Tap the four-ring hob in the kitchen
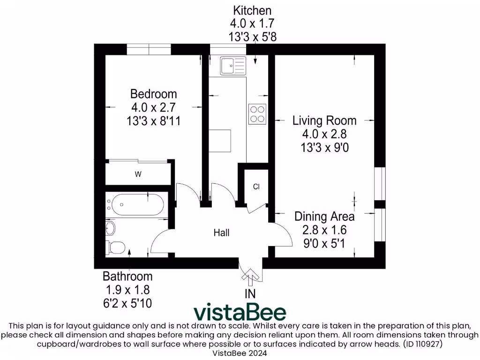257,113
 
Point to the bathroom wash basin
110,229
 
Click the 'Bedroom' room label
153,93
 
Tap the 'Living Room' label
324,120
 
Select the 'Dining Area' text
324,217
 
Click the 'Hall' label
221,232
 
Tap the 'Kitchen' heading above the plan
252,10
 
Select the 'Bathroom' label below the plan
127,276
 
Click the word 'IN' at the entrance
251,294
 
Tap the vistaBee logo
240,312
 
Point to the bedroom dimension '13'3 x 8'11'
153,121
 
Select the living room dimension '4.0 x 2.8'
324,134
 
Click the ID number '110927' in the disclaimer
428,344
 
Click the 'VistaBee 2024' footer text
240,352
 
